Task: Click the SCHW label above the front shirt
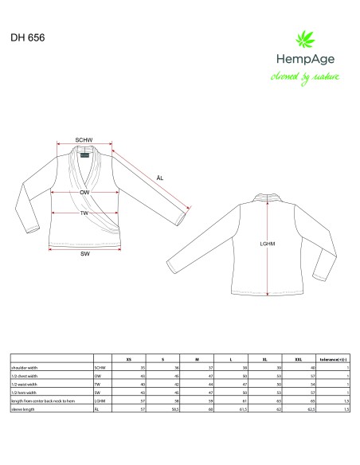[x=84, y=140]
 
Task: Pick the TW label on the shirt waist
[x=84, y=213]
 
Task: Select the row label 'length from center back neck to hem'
[x=47, y=401]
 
